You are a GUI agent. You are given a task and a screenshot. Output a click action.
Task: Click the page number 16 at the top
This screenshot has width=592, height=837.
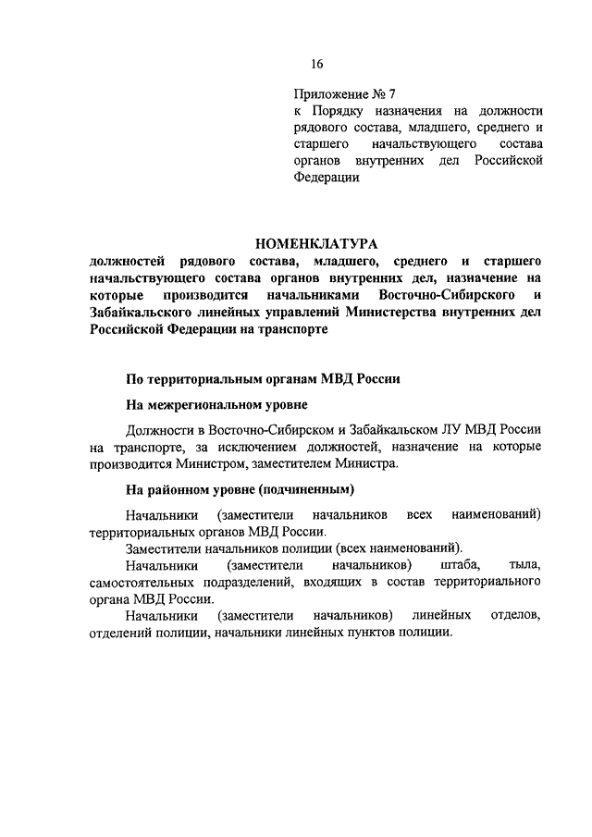tap(317, 64)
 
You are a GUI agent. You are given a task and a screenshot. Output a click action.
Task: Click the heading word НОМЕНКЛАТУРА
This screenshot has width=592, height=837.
tap(317, 244)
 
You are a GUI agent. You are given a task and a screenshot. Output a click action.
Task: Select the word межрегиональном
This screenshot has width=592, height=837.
tap(216, 405)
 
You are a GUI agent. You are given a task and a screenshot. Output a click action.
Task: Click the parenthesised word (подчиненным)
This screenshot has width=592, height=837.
tap(306, 489)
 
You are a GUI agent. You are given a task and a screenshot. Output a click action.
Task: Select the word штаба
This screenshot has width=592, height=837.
tap(448, 564)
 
